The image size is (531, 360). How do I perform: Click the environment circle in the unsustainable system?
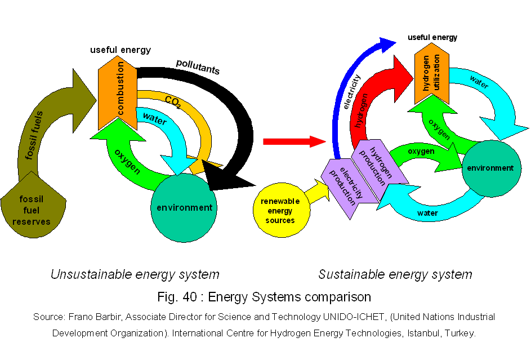coord(184,207)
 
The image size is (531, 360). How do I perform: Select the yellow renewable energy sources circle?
coord(280,210)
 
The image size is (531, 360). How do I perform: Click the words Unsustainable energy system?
coord(135,275)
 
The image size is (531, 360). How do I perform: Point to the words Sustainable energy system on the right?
coord(395,275)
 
